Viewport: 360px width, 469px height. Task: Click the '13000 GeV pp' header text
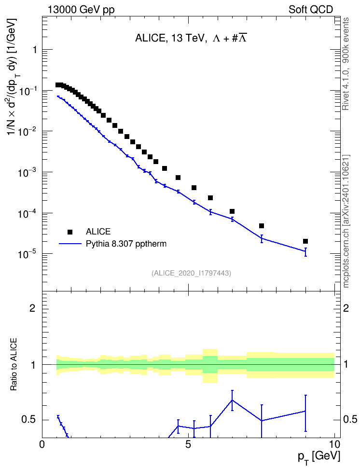[x=81, y=10]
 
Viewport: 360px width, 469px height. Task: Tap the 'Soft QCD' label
[x=311, y=10]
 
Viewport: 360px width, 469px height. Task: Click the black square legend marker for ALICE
[x=70, y=232]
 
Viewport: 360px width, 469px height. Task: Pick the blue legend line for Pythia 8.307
[x=70, y=244]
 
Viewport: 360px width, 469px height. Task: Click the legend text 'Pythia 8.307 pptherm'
[x=126, y=244]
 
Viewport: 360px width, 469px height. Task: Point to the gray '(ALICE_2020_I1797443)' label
[x=191, y=273]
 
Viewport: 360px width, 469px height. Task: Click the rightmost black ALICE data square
[x=305, y=241]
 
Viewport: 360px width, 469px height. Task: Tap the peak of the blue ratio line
[x=232, y=400]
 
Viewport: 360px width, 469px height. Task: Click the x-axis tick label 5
[x=188, y=444]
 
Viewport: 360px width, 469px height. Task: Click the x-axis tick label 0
[x=42, y=444]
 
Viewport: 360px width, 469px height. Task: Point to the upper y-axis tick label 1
[x=35, y=50]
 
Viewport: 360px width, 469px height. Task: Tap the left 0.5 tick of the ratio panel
[x=28, y=420]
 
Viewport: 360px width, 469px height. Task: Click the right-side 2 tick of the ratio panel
[x=346, y=308]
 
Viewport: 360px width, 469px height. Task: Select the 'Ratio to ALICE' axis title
[x=14, y=364]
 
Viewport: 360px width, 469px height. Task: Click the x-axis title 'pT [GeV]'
[x=319, y=457]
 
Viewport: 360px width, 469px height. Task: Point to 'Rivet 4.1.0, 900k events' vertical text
[x=346, y=64]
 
